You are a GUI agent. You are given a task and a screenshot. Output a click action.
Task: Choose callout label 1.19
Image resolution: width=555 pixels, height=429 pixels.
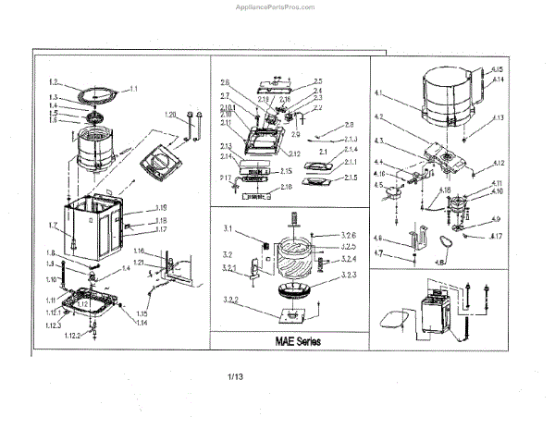(160, 207)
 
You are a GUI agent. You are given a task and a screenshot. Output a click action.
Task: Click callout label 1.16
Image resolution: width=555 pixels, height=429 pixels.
(140, 251)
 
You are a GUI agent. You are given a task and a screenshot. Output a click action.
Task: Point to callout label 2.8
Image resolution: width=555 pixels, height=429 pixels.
(348, 124)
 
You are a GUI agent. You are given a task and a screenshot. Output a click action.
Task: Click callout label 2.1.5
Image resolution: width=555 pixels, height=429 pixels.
(351, 177)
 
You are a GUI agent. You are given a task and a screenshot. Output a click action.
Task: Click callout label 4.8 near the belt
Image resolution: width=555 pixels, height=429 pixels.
(438, 263)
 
